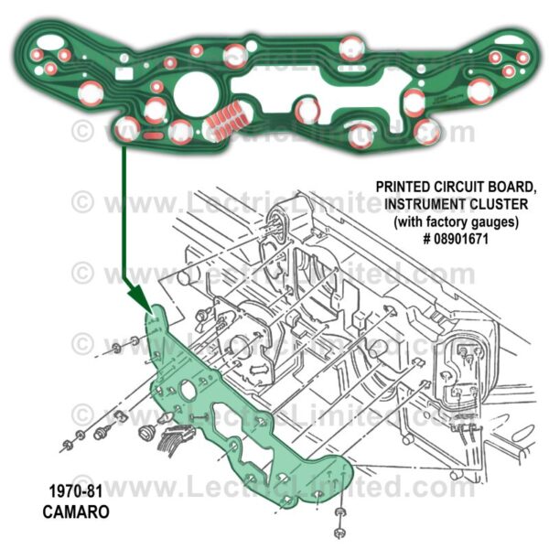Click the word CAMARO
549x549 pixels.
[x=76, y=512]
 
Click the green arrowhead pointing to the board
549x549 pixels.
[x=135, y=296]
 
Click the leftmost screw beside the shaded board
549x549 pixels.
[x=68, y=447]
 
